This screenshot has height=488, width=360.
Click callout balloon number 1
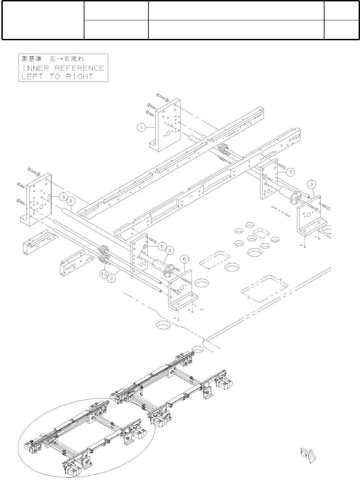pos(140,127)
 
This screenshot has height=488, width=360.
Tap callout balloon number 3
pos(311,185)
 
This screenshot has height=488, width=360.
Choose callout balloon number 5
pos(162,246)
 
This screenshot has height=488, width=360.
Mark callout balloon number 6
pos(185,258)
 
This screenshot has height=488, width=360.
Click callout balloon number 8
pos(71,200)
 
